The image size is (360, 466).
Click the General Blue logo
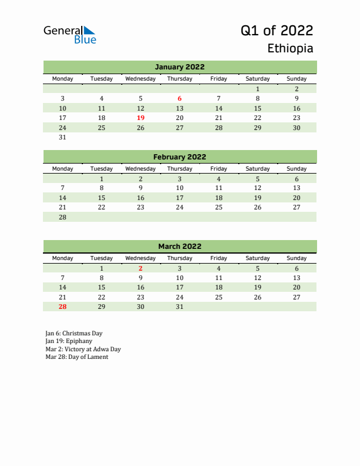69,34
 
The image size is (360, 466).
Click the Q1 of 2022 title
276,31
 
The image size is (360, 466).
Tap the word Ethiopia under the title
290,48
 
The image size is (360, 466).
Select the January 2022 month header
179,67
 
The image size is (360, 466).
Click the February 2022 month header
179,157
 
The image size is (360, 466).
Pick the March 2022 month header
179,247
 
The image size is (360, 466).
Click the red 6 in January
179,98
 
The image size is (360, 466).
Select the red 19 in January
141,118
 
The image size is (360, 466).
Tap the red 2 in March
141,268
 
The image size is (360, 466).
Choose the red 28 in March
62,307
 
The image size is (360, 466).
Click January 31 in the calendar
62,138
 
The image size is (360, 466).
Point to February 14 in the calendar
62,198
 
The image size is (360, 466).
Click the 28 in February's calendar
62,217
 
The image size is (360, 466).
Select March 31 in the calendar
179,307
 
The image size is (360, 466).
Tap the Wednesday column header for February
141,169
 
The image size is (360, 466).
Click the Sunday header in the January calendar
296,79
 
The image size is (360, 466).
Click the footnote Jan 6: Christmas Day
74,332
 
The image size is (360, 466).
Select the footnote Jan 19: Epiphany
68,341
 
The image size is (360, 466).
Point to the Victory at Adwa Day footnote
82,349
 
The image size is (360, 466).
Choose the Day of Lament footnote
76,357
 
